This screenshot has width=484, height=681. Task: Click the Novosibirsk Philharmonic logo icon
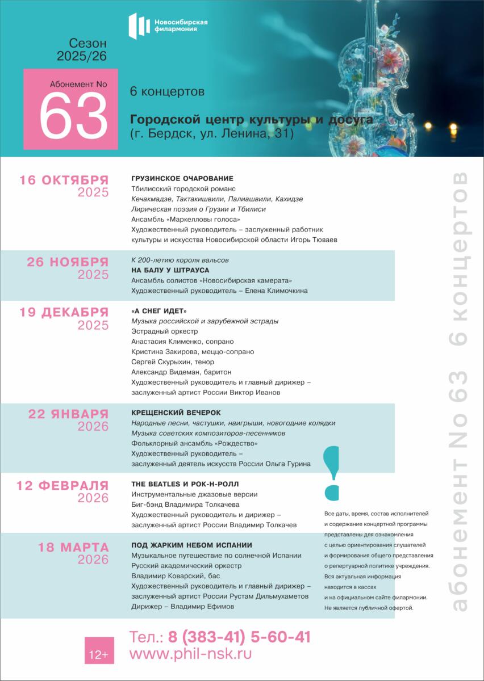(137, 26)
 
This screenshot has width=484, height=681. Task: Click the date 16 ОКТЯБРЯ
(64, 180)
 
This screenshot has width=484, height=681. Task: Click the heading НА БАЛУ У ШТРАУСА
(170, 270)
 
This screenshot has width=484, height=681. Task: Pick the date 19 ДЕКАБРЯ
(64, 312)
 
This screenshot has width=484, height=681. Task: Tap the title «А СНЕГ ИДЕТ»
(158, 311)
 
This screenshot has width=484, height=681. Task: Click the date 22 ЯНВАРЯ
(68, 414)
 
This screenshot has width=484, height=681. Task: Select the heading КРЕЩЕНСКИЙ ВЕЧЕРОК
(176, 413)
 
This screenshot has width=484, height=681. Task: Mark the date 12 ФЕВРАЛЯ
(62, 485)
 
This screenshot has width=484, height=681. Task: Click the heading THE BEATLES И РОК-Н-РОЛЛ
(185, 484)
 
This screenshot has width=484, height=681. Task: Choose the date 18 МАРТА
(73, 548)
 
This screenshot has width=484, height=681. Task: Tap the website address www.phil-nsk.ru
(190, 654)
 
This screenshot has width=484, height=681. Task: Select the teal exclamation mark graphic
(331, 471)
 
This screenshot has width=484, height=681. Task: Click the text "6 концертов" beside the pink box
(167, 91)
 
